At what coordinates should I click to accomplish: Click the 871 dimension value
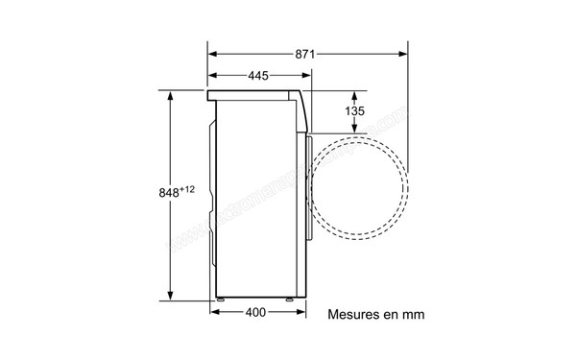[305, 54]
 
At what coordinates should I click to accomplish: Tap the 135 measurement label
[355, 112]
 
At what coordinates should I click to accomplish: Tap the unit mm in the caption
[413, 314]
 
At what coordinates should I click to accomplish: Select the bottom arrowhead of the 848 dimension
[172, 297]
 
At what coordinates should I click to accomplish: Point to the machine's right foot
[289, 300]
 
